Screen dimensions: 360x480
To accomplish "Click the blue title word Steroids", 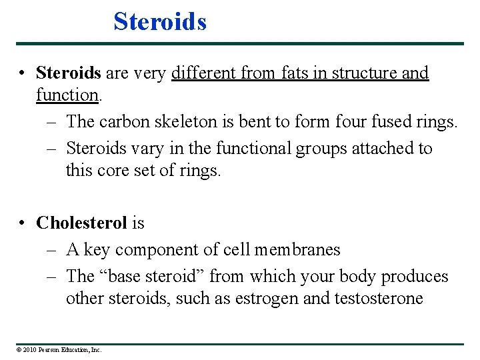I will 160,21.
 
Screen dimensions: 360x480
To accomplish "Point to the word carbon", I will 122,122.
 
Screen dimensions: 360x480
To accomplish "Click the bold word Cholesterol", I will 81,222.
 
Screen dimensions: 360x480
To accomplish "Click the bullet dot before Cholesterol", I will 23,223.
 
